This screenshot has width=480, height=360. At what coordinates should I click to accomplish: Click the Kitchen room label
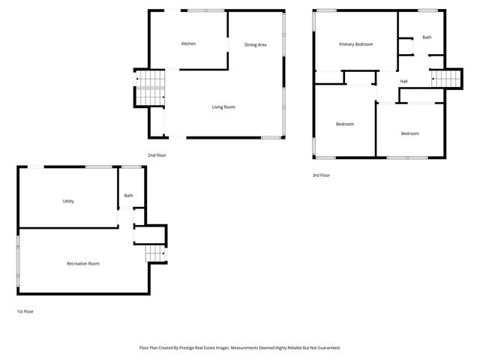[x=188, y=43]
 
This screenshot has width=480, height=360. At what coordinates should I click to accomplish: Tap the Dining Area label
[x=256, y=45]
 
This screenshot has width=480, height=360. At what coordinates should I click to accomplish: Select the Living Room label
[x=223, y=107]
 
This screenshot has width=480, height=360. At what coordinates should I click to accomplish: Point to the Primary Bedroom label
[x=355, y=44]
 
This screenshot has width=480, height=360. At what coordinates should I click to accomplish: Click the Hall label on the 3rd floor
[x=403, y=81]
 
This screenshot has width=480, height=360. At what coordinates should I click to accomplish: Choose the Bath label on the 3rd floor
[x=427, y=37]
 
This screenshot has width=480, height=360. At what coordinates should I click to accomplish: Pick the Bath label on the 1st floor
[x=129, y=196]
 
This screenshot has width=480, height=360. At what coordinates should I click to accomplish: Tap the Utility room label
[x=68, y=201]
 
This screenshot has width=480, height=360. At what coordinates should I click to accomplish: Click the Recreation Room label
[x=83, y=263]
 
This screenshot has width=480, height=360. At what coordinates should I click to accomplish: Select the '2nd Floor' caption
[x=157, y=154]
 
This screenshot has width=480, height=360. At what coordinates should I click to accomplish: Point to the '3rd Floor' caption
[x=321, y=175]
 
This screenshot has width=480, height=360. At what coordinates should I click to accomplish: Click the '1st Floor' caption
[x=25, y=310]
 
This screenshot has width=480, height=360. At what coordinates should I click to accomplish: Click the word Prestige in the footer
[x=194, y=347]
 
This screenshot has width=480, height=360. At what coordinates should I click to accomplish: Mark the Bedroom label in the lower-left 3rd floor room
[x=345, y=124]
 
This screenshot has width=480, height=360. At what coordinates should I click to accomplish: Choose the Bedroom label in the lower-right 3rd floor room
[x=409, y=133]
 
